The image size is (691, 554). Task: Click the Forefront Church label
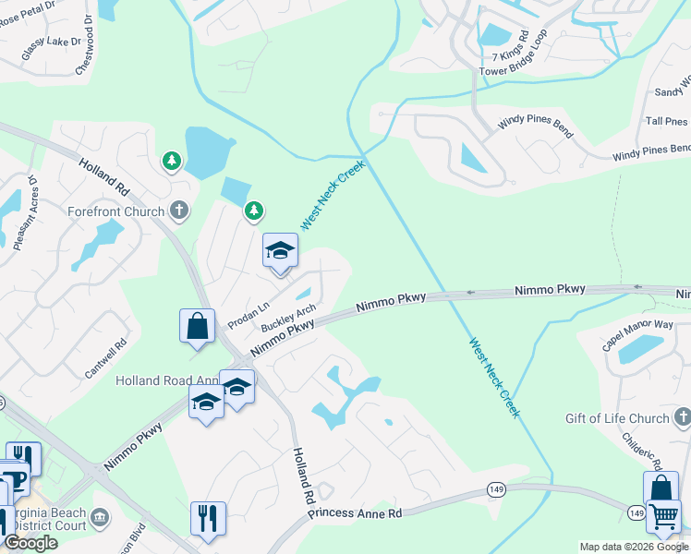(x=115, y=211)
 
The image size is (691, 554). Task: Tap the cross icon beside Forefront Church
(x=180, y=211)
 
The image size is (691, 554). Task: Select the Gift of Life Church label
(x=617, y=418)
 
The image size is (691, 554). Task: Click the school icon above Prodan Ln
(x=280, y=250)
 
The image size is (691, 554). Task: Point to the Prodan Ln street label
(x=248, y=315)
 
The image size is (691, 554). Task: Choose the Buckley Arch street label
(x=288, y=319)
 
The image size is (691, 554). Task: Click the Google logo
(x=30, y=544)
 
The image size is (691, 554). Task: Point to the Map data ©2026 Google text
(x=634, y=547)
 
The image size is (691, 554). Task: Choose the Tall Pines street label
(x=667, y=121)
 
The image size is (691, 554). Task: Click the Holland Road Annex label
(x=166, y=380)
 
